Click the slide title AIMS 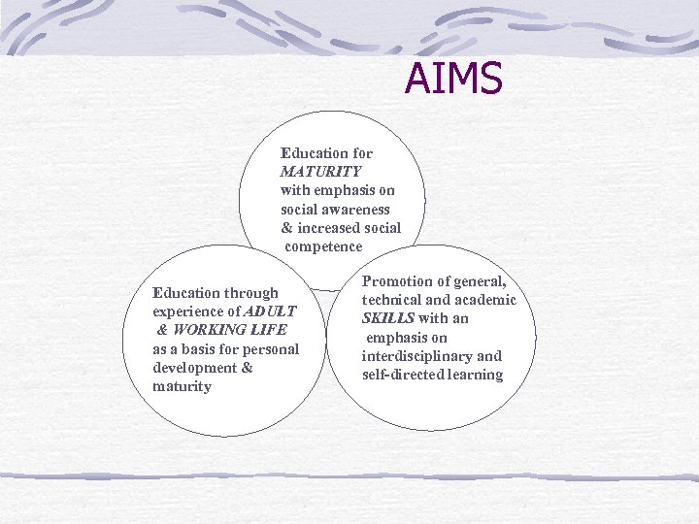pos(453,80)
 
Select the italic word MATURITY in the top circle pos(320,172)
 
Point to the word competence pos(323,246)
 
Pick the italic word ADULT pos(270,311)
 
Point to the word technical pos(394,300)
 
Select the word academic pos(482,300)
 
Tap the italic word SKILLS pos(388,318)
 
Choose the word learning pos(476,375)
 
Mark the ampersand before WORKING pos(161,330)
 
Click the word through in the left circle pos(251,293)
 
